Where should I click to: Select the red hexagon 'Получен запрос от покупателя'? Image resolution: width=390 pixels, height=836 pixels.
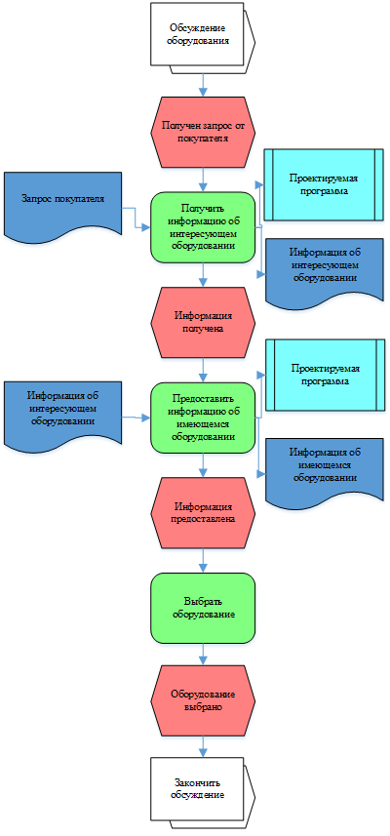click(203, 133)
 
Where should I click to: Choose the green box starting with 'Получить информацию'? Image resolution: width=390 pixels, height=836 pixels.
click(203, 227)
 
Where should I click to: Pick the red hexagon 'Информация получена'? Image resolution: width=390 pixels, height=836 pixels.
click(203, 323)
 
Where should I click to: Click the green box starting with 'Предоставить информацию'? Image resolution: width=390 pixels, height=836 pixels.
click(203, 418)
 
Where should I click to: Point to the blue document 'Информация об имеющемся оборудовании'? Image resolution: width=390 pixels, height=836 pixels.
click(325, 470)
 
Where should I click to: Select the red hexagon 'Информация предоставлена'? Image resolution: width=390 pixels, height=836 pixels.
click(203, 513)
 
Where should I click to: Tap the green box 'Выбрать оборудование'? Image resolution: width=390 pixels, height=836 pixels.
click(203, 609)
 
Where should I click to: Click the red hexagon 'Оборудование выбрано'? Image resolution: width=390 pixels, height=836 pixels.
click(203, 701)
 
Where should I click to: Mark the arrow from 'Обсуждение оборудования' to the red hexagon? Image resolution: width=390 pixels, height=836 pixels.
click(203, 85)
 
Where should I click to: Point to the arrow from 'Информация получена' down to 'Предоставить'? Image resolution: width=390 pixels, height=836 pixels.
click(203, 370)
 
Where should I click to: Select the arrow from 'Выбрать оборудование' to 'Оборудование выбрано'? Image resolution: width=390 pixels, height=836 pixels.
click(203, 655)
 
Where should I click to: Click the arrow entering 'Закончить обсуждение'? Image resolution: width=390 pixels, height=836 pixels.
click(203, 747)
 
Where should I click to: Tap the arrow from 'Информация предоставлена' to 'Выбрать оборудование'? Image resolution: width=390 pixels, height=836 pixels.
click(203, 561)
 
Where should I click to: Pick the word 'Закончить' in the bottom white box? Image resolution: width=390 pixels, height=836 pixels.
click(197, 783)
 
